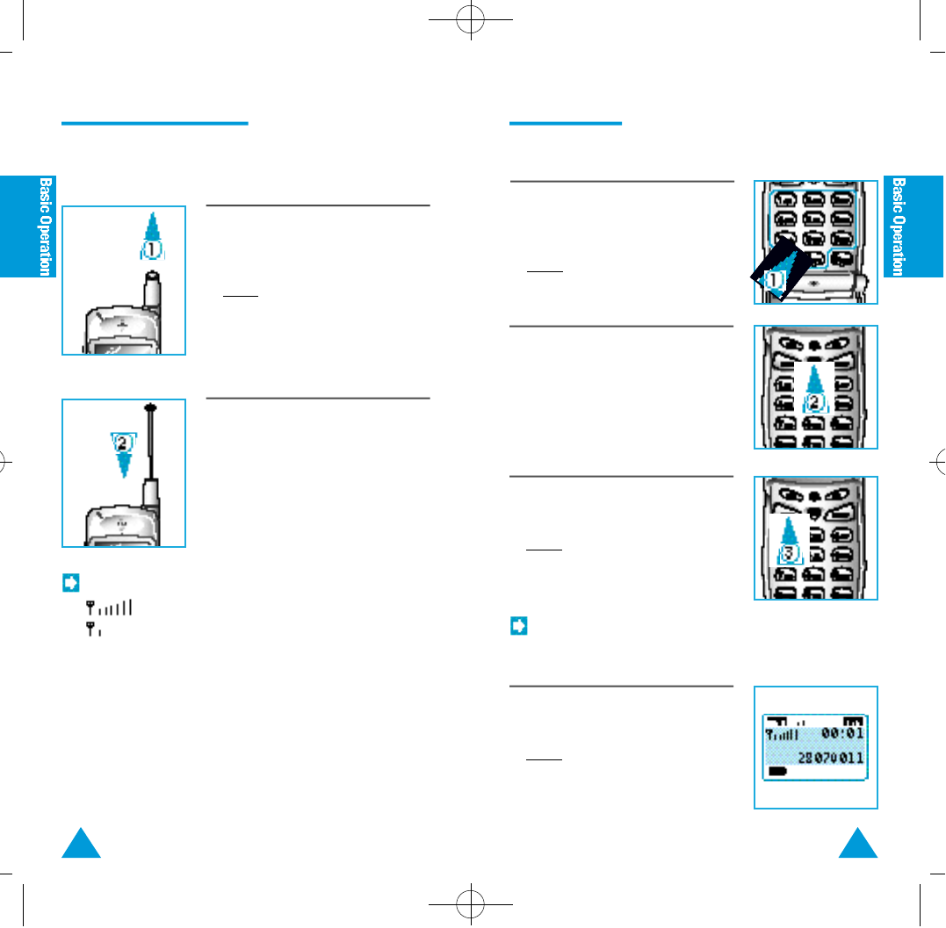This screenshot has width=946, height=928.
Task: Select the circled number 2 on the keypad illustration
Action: tap(816, 402)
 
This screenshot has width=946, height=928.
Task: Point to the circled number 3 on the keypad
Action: tap(790, 553)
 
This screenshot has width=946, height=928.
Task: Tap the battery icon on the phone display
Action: tap(778, 771)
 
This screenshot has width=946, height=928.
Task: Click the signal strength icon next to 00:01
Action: tap(783, 733)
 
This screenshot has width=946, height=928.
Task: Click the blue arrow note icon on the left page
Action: tap(71, 581)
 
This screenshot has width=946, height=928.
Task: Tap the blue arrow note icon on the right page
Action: tap(518, 627)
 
